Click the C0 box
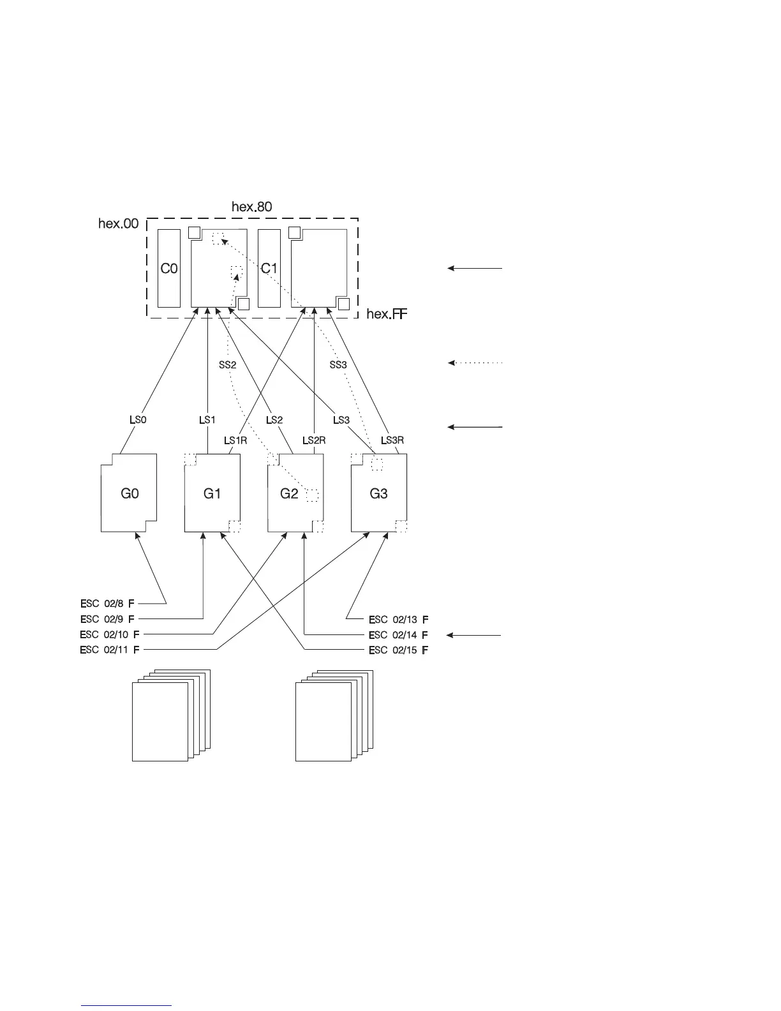point(169,269)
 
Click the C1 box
point(269,269)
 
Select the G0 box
point(130,493)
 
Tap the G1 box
point(212,493)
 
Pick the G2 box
point(290,493)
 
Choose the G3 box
point(379,493)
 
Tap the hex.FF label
point(387,315)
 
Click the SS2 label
point(228,365)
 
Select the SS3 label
point(338,365)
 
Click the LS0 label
point(138,420)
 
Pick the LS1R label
point(235,440)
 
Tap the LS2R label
point(314,440)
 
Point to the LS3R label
point(392,440)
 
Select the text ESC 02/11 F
point(110,650)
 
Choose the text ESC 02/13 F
point(398,619)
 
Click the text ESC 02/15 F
point(398,650)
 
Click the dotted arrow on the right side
point(475,363)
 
